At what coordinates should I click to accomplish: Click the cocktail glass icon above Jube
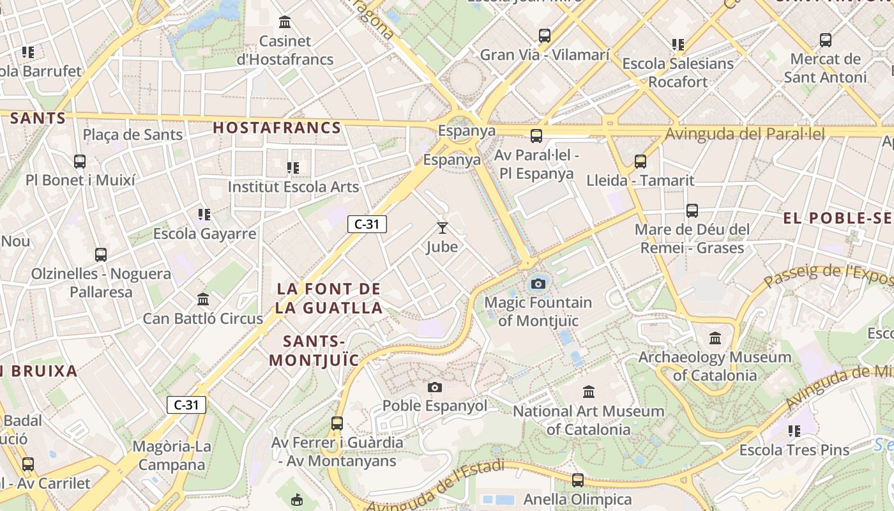coord(442,227)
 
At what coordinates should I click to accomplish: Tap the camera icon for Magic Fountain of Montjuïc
coord(538,284)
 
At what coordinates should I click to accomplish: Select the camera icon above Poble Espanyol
coord(435,387)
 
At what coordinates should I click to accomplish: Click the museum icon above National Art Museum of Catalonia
coord(589,392)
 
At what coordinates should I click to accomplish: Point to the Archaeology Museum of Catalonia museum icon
coord(715,337)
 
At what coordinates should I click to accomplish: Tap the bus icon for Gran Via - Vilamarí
coord(545,36)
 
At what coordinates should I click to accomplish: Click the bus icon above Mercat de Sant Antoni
coord(825,40)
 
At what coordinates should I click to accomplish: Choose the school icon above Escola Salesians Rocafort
coord(678,45)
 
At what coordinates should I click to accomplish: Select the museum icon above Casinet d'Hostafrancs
coord(285,23)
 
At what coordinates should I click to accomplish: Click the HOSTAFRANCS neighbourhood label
coord(277,128)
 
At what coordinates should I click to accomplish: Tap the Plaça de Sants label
coord(133,135)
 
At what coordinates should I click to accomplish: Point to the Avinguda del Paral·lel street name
coord(745,134)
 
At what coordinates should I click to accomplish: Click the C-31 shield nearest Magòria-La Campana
coord(186,404)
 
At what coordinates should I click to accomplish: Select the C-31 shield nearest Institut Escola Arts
coord(367,224)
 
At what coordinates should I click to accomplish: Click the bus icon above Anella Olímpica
coord(578,480)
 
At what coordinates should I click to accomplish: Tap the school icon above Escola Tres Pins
coord(794,431)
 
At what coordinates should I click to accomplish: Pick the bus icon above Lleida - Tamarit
coord(640,162)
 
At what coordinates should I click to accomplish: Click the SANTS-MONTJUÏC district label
coord(314,350)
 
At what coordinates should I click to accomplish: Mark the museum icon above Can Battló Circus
coord(203,299)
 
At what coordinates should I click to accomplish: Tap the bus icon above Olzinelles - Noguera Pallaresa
coord(101,255)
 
